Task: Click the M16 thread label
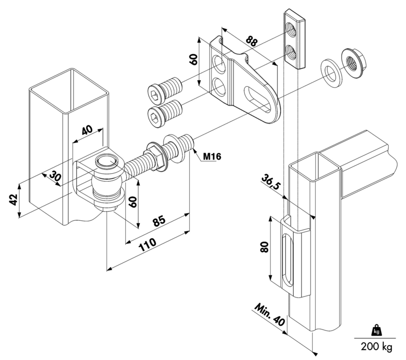tap(212, 156)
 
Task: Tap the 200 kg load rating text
tap(377, 346)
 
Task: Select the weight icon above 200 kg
tap(376, 330)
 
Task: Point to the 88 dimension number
tap(251, 41)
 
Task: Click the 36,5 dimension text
tap(271, 182)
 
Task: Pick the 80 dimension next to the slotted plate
tap(264, 247)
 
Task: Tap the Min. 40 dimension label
tap(269, 314)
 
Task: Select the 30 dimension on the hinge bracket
tap(55, 176)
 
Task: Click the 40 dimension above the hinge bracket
tap(87, 130)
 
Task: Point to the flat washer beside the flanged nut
tap(331, 74)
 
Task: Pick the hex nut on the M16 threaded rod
tap(156, 158)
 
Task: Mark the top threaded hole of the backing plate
tap(290, 29)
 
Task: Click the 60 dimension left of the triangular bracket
tap(194, 59)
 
